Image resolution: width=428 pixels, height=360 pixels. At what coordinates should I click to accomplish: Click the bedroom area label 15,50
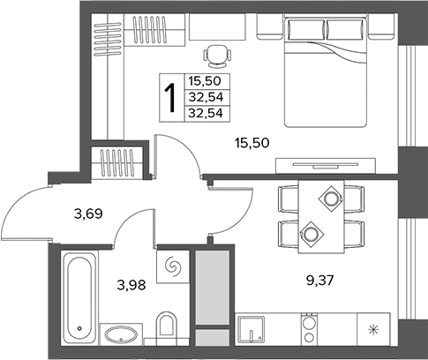252,143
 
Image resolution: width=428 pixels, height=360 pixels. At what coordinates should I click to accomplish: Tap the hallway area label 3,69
88,214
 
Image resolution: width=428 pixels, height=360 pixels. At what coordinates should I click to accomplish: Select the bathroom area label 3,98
131,285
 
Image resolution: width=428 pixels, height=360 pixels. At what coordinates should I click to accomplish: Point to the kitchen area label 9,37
320,281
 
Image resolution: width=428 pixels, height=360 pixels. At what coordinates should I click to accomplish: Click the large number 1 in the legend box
170,97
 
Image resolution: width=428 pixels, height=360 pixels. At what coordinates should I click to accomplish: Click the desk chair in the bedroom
217,56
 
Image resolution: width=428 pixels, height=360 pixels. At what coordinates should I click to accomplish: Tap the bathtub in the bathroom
80,297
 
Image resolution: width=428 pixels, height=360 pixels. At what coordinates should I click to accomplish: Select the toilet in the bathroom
166,328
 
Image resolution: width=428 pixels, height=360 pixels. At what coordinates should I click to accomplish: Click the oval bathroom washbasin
121,334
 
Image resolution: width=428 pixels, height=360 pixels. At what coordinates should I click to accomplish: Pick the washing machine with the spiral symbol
172,267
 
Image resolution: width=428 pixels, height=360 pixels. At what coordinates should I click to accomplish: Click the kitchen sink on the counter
251,329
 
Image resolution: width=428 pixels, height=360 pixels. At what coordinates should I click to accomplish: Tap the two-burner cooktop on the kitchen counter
309,329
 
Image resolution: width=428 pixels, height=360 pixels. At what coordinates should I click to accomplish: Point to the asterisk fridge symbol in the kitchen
373,329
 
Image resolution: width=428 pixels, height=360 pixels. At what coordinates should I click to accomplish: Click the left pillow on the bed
306,30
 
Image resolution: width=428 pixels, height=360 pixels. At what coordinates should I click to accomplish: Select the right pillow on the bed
345,30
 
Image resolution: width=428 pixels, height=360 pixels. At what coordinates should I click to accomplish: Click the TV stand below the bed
326,166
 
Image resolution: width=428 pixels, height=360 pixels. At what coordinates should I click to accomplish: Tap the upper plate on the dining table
331,199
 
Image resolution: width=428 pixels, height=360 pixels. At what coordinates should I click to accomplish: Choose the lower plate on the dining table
312,235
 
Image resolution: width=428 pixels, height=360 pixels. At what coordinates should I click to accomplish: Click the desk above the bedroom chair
217,26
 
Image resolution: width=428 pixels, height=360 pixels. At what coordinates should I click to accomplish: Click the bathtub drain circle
79,328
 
